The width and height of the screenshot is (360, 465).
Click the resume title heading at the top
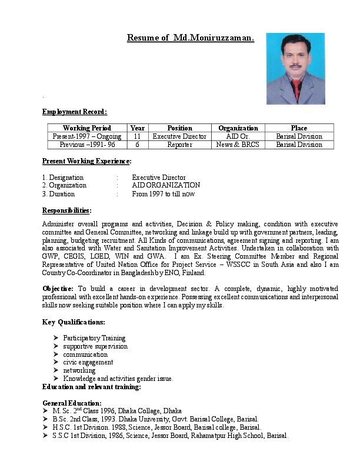click(190, 38)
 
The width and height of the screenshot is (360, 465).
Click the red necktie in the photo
click(296, 91)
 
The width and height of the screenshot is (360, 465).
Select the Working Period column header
click(87, 128)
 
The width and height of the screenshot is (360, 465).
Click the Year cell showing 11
click(137, 136)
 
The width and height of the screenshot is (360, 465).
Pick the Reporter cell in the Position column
click(179, 145)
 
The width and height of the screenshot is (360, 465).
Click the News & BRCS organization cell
click(238, 145)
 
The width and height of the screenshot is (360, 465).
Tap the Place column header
click(299, 128)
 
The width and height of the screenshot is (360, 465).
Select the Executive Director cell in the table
click(179, 136)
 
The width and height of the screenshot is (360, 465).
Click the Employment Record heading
click(75, 112)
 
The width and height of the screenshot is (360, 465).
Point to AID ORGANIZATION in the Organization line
click(166, 185)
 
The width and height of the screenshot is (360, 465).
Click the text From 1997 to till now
click(163, 193)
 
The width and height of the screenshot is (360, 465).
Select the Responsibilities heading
click(66, 210)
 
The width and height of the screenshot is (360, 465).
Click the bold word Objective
click(58, 289)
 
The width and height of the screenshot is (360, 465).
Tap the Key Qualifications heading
click(74, 322)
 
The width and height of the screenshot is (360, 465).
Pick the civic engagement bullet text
click(88, 363)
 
